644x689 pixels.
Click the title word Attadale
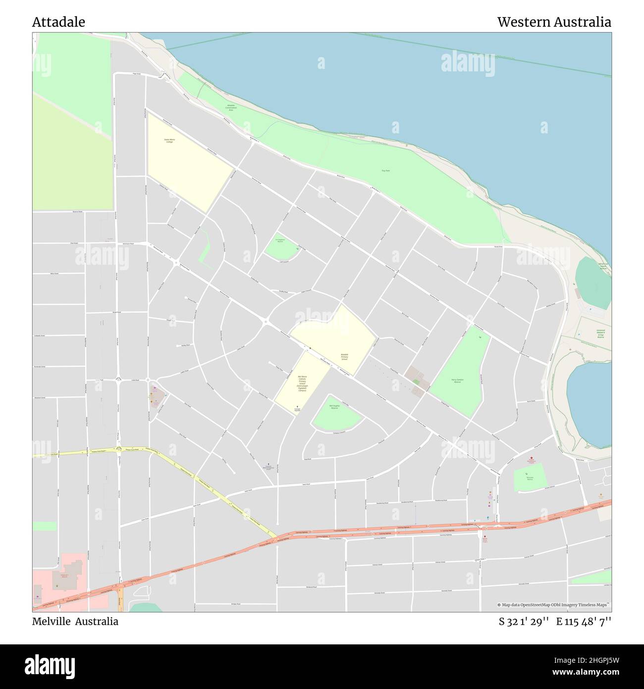(x=58, y=22)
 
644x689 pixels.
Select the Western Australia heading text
(x=554, y=22)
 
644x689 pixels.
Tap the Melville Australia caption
(x=75, y=621)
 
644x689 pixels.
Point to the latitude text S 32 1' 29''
(x=524, y=621)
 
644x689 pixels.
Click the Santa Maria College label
(x=169, y=141)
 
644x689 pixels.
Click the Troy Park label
(x=385, y=171)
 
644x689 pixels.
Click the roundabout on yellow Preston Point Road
(x=119, y=449)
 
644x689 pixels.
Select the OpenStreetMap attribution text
(x=554, y=605)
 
